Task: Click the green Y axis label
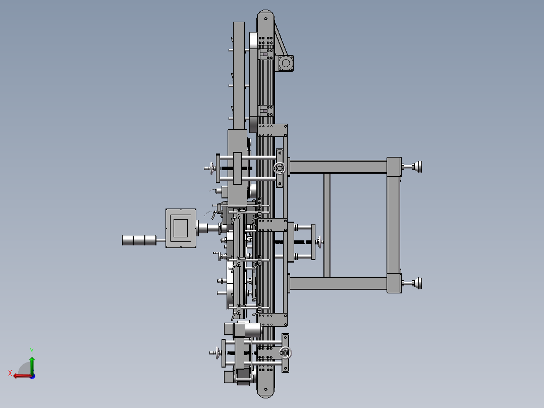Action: [32, 351]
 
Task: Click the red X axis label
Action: [10, 373]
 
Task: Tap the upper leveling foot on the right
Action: [416, 167]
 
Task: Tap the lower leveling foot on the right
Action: [416, 283]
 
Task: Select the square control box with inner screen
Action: [181, 228]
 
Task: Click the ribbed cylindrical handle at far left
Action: [139, 240]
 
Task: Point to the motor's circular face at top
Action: [286, 63]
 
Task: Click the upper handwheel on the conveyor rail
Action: [279, 169]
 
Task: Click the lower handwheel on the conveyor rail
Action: [286, 353]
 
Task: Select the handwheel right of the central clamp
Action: [319, 242]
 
